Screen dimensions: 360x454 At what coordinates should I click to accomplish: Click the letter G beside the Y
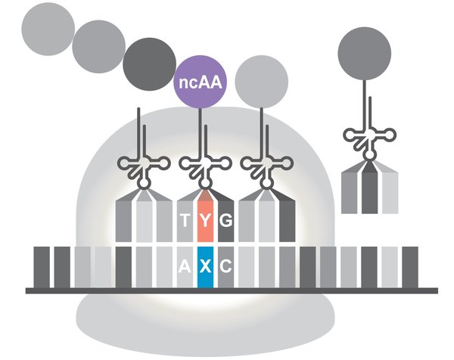[225, 221]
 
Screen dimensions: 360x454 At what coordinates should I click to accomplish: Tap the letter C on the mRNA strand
[225, 266]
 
